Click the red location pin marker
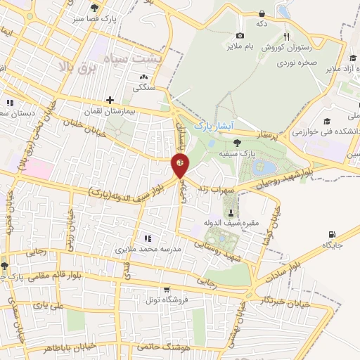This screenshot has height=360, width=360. point(180,165)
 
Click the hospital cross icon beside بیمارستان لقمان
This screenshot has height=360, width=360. point(109,101)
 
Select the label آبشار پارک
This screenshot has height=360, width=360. point(212,126)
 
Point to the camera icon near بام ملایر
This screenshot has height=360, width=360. point(240,35)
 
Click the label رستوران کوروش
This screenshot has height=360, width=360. point(282,47)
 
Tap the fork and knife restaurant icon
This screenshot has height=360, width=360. point(286,37)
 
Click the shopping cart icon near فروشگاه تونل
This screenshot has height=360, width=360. point(166,290)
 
